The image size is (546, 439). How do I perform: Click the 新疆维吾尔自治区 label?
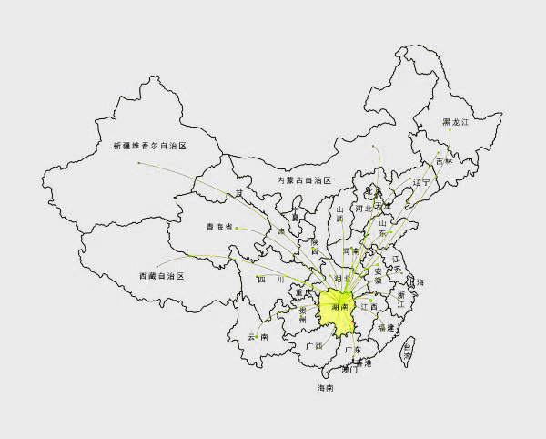(x=149, y=146)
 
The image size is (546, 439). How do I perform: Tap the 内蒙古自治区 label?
(x=304, y=181)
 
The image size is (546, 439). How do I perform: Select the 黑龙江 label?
(x=454, y=122)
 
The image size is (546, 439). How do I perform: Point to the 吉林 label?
(x=443, y=161)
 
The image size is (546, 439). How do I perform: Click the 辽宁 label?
(x=420, y=182)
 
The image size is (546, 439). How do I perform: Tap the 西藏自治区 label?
(x=161, y=275)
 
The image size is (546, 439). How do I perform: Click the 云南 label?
(x=258, y=337)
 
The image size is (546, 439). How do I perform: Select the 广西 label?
(x=315, y=346)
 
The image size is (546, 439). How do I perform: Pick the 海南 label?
(x=325, y=389)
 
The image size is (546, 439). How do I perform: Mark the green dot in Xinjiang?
(x=138, y=163)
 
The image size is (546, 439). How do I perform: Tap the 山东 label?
(x=383, y=226)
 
